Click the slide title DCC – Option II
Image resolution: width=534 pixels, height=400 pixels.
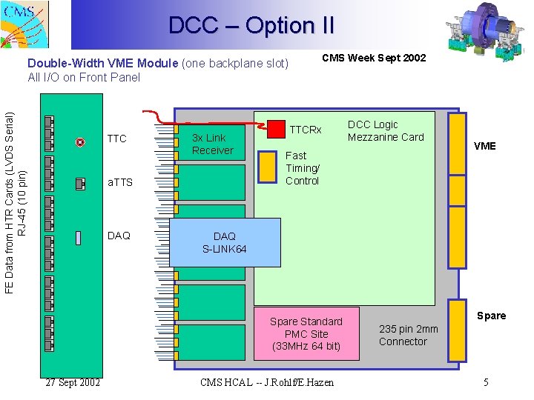click(251, 26)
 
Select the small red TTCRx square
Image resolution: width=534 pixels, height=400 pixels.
click(276, 128)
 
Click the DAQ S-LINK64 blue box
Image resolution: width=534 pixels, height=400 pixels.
click(225, 242)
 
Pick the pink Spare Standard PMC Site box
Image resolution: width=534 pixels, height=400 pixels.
click(306, 333)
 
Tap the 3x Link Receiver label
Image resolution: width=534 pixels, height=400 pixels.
click(212, 144)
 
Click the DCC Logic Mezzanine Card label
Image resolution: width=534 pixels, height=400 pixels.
click(386, 130)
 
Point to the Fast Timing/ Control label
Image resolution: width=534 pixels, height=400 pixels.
click(303, 167)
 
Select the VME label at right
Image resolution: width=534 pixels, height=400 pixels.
click(484, 146)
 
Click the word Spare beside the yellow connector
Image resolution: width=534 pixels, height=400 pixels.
click(491, 316)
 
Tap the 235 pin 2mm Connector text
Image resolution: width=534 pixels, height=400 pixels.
click(408, 335)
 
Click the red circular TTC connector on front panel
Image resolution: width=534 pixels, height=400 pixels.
click(80, 142)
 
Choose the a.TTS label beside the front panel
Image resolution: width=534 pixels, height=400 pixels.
click(120, 181)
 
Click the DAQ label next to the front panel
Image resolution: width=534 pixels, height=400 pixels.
click(119, 236)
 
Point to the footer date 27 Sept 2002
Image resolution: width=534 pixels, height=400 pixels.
click(73, 382)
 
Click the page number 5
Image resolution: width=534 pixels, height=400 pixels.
click(486, 382)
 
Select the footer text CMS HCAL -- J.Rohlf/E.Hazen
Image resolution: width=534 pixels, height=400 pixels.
click(267, 382)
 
